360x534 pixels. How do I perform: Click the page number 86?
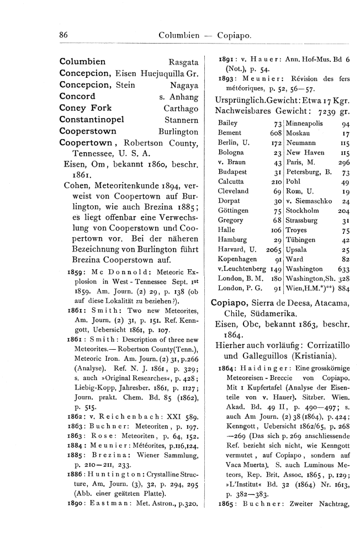tap(63, 35)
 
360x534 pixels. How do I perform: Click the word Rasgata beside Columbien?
tap(183, 62)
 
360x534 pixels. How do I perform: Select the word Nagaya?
tap(184, 86)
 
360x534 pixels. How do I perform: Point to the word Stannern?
tap(182, 120)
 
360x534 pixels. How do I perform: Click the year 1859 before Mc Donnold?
tap(76, 272)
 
